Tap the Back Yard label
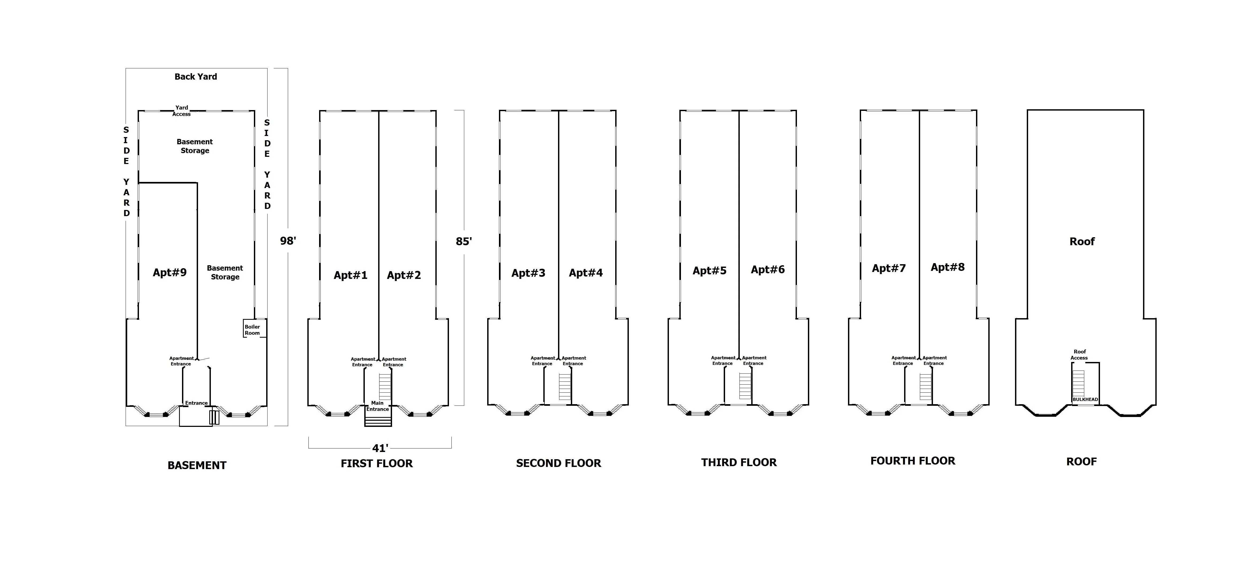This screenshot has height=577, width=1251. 196,77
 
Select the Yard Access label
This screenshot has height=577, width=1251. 182,111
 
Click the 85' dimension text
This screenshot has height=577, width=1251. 464,241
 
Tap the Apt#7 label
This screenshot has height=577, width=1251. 889,268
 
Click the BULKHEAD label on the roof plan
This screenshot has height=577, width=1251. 1085,399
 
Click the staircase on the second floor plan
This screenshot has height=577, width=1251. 564,387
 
